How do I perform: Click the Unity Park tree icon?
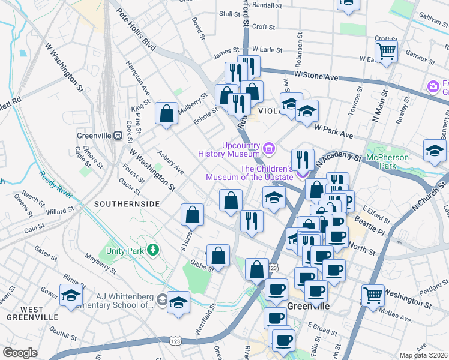[154, 250]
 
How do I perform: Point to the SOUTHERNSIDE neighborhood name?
[127, 204]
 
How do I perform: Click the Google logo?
[20, 353]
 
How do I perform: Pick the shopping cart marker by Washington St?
[373, 295]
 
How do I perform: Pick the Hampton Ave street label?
[134, 75]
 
